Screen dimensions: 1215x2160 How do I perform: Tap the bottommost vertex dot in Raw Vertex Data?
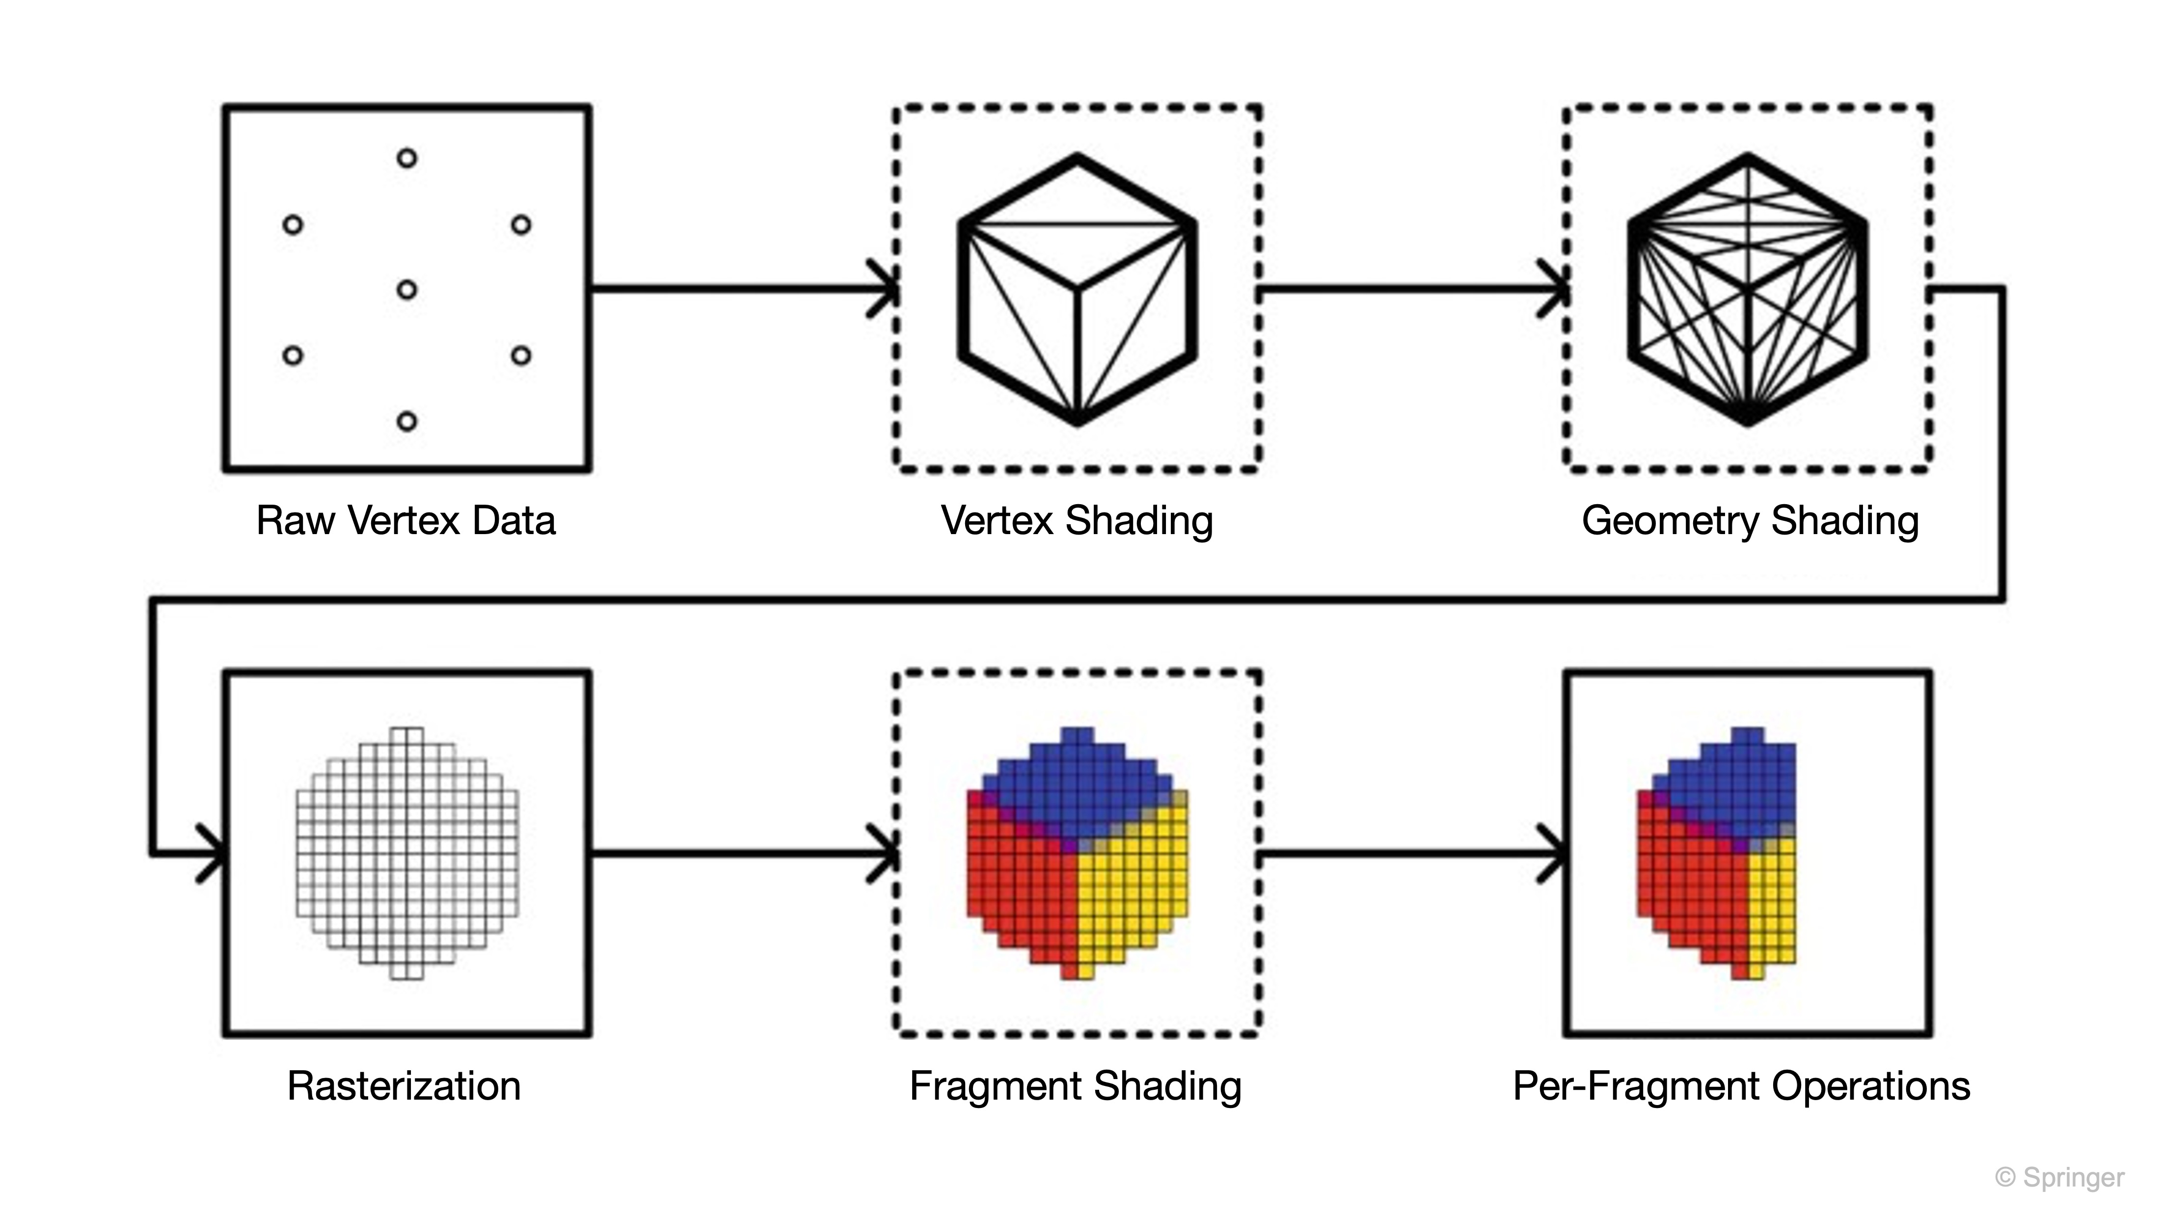click(406, 421)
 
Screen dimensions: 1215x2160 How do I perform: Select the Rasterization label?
click(404, 1086)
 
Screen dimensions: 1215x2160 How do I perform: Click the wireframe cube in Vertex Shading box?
click(1078, 289)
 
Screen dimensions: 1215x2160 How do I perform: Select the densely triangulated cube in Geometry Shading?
click(1748, 289)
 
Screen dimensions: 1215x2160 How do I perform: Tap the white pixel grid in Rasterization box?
click(406, 854)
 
